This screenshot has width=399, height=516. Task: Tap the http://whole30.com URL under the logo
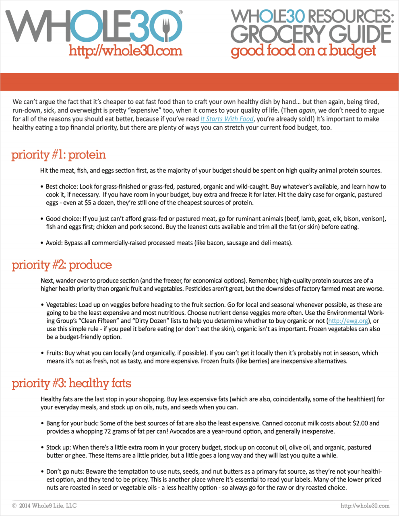(x=125, y=51)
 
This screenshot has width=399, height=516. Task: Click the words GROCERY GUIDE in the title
(x=310, y=34)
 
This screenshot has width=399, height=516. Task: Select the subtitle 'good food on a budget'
(x=303, y=51)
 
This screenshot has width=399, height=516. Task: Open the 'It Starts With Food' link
(x=227, y=119)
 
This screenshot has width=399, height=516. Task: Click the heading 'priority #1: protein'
(x=59, y=155)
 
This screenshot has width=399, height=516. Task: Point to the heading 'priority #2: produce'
(x=62, y=265)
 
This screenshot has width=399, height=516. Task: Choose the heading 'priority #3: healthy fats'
(x=72, y=383)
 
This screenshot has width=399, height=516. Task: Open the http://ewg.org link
(x=348, y=321)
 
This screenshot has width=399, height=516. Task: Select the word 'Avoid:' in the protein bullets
(x=54, y=243)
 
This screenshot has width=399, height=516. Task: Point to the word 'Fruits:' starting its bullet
(x=55, y=353)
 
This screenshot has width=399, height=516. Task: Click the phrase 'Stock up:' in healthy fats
(x=59, y=448)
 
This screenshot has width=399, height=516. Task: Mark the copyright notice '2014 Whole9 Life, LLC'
(x=48, y=506)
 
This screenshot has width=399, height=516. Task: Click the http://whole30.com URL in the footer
(x=365, y=506)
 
